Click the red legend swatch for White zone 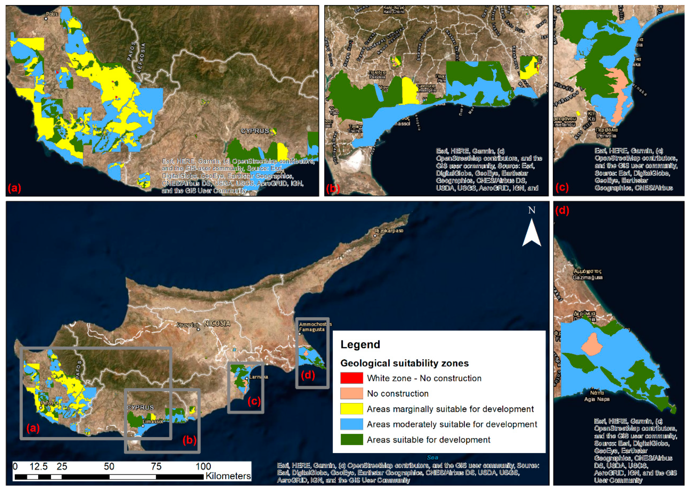[351, 378]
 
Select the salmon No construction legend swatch [351, 394]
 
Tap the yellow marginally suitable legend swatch [351, 409]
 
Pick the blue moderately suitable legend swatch [351, 424]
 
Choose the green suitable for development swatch [351, 439]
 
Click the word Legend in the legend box [360, 345]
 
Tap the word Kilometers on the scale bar [228, 476]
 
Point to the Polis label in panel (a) [52, 14]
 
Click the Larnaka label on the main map [258, 377]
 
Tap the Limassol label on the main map [153, 421]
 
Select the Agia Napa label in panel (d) [597, 399]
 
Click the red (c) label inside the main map [254, 401]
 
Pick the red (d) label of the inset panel [562, 210]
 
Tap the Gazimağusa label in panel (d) [587, 277]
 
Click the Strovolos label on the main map [188, 325]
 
